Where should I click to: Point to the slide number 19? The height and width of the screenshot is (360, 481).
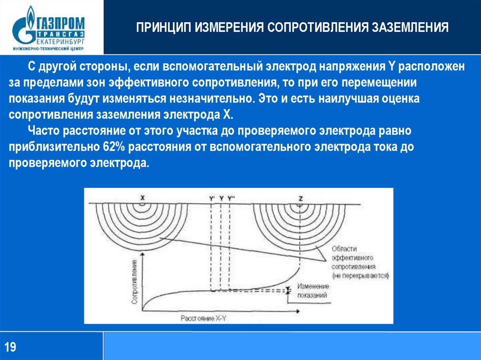(11, 347)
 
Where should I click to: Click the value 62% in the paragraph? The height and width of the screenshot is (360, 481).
(112, 147)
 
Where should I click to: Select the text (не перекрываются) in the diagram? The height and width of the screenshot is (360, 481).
(360, 276)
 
